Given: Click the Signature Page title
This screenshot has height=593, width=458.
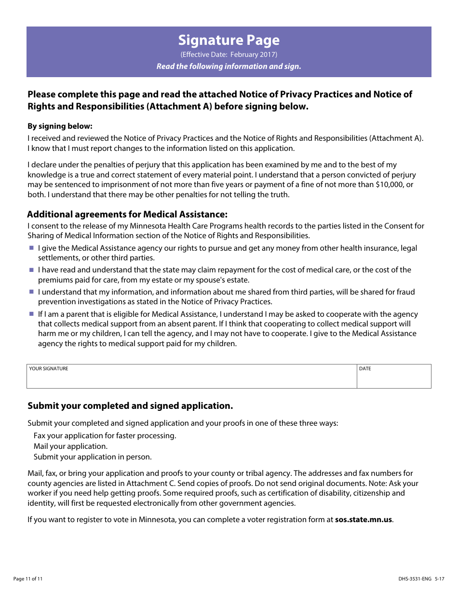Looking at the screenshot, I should (x=229, y=40).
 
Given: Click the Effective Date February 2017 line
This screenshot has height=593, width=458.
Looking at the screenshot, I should (x=229, y=54).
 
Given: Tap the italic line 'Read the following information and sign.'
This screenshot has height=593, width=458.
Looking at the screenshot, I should (x=229, y=67).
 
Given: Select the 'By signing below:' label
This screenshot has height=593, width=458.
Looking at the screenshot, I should (x=60, y=126).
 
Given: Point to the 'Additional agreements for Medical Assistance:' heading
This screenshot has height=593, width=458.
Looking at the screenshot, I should (x=127, y=215).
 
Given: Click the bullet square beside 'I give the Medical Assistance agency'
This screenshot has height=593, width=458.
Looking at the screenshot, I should (x=31, y=248).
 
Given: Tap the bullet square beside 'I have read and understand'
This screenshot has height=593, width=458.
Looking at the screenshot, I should (x=31, y=270).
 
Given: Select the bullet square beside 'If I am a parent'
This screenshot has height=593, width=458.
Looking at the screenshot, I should (x=31, y=314).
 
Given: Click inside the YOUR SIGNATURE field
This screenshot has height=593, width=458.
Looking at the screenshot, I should (x=191, y=379).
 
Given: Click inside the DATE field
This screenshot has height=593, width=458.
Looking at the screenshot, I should (x=393, y=379).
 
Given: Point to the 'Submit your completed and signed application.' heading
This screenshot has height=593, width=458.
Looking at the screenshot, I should (x=130, y=406).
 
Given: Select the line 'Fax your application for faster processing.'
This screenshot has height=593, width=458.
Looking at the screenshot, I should (x=105, y=436).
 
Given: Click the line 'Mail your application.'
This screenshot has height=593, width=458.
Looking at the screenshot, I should (x=70, y=446).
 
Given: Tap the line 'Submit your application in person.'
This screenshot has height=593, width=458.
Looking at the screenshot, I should (x=93, y=457).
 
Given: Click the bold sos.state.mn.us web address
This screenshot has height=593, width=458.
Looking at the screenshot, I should (x=364, y=520).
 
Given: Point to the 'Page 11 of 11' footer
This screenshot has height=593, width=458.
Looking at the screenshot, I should (x=28, y=579).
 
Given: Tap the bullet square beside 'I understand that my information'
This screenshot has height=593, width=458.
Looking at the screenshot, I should (x=31, y=292).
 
